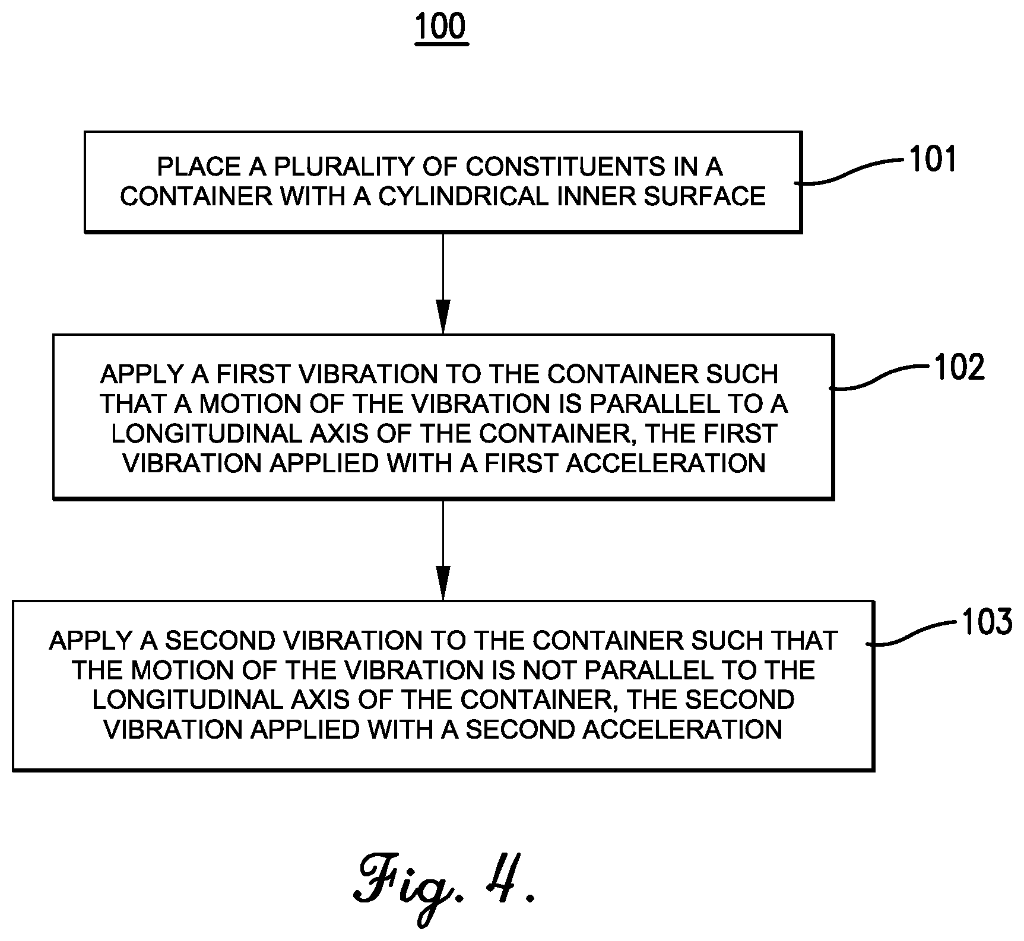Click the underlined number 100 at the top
(441, 27)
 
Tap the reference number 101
(933, 160)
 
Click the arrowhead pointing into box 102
(443, 317)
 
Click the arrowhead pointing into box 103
(443, 583)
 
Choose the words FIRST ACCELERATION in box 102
(624, 463)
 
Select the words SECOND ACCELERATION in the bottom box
(623, 730)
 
